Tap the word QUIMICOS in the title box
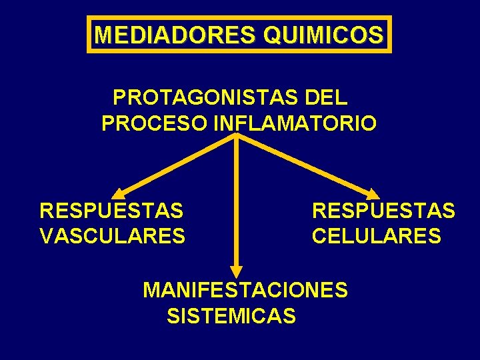(x=324, y=34)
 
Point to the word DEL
(x=325, y=98)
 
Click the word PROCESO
(x=155, y=123)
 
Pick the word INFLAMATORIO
(x=295, y=123)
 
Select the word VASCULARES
(x=113, y=235)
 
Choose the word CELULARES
(x=376, y=235)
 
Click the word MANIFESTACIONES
(x=245, y=290)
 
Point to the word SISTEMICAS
(x=231, y=315)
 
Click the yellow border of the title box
(x=239, y=17)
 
